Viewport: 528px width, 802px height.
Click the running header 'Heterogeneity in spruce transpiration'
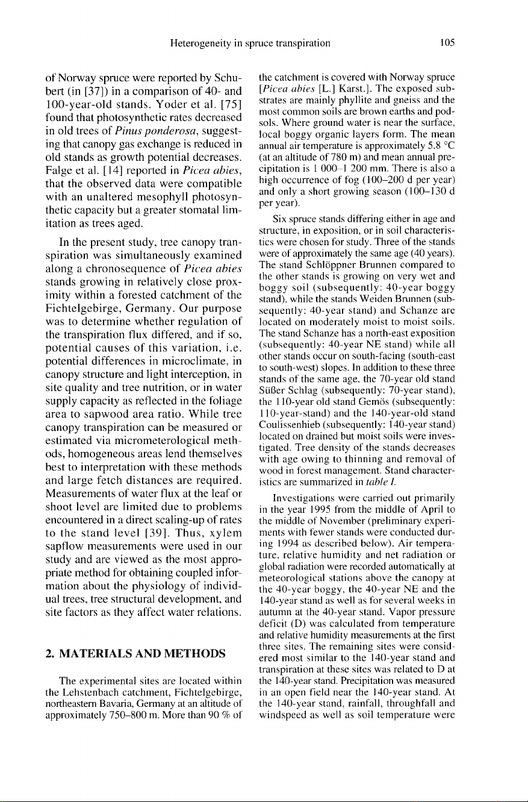250,43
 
